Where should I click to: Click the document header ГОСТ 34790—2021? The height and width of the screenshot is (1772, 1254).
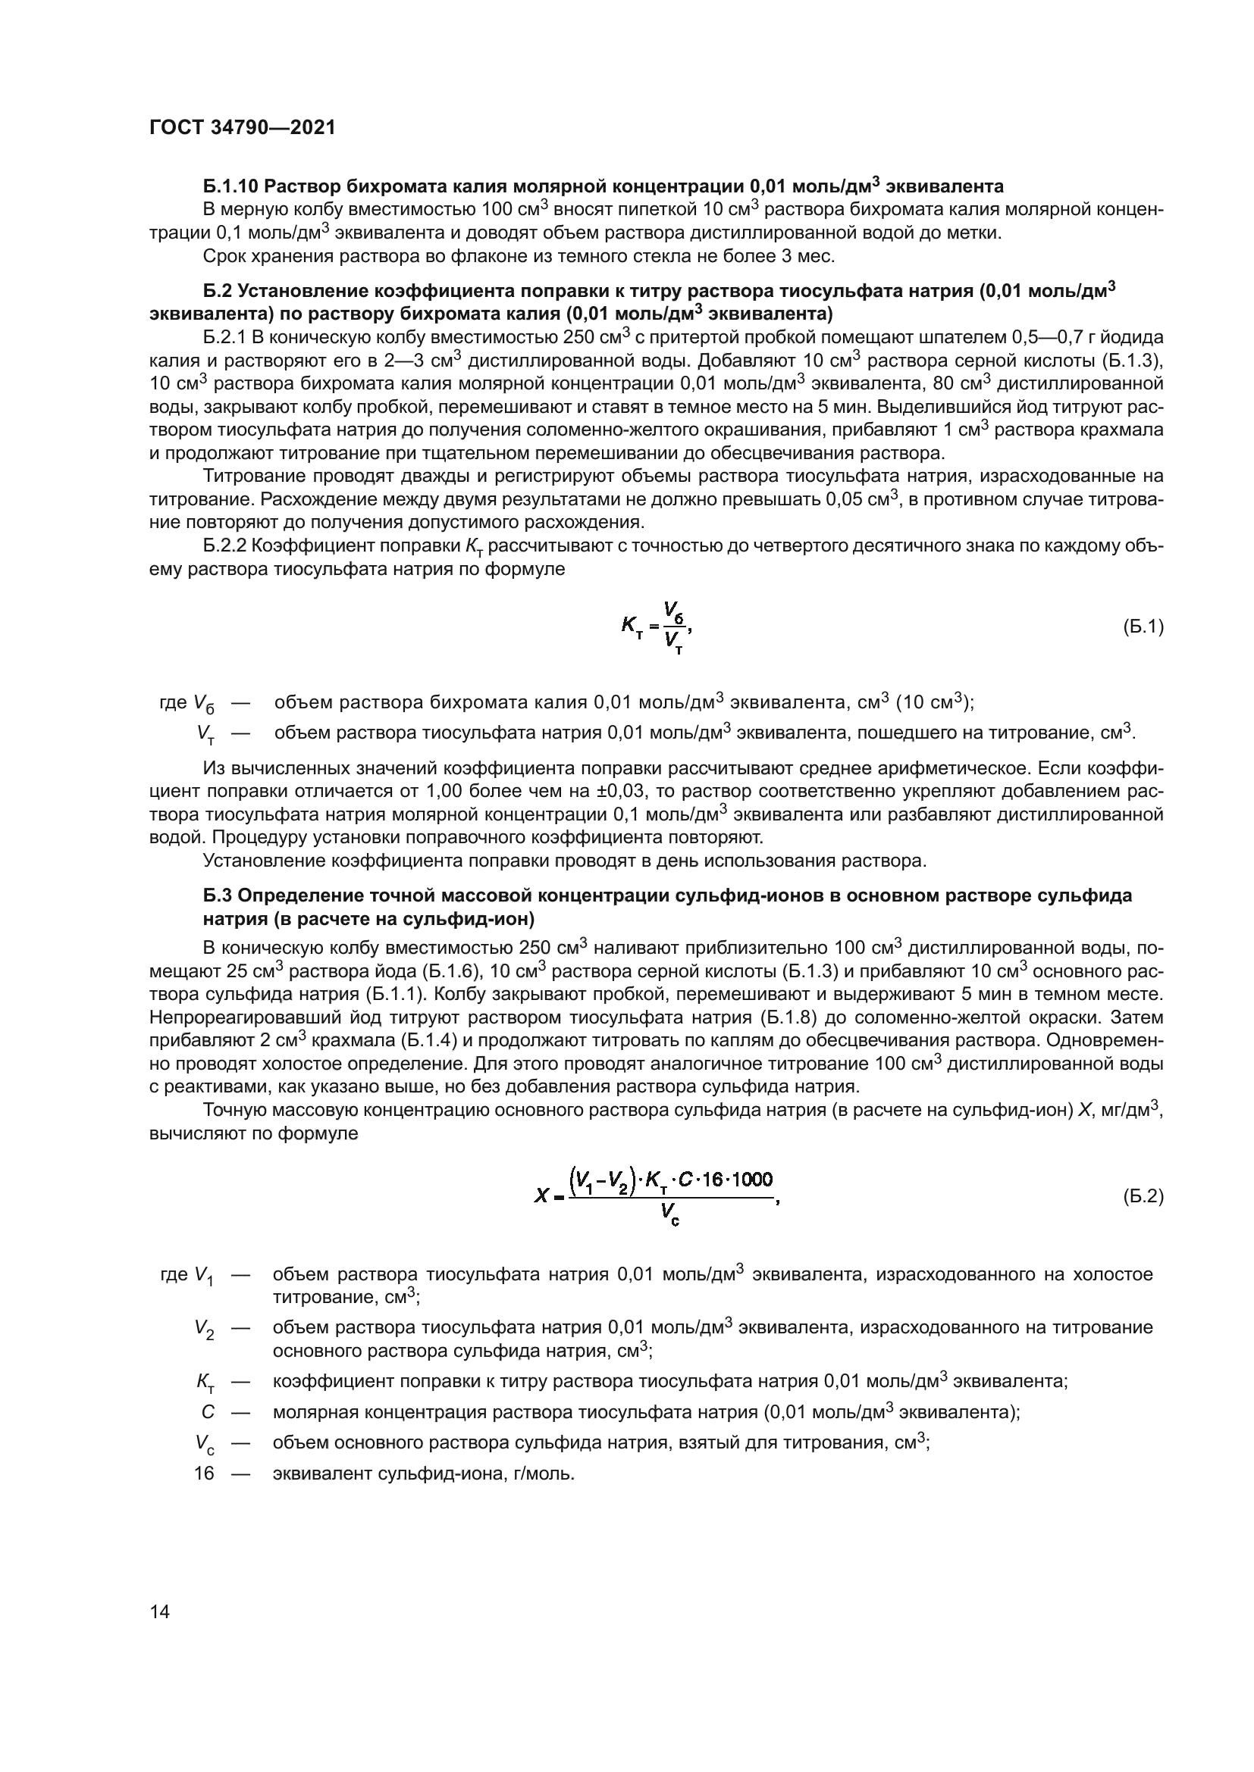point(243,128)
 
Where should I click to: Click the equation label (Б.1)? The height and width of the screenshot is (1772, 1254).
point(1143,627)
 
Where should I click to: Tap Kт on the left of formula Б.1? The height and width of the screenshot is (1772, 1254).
point(632,627)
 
